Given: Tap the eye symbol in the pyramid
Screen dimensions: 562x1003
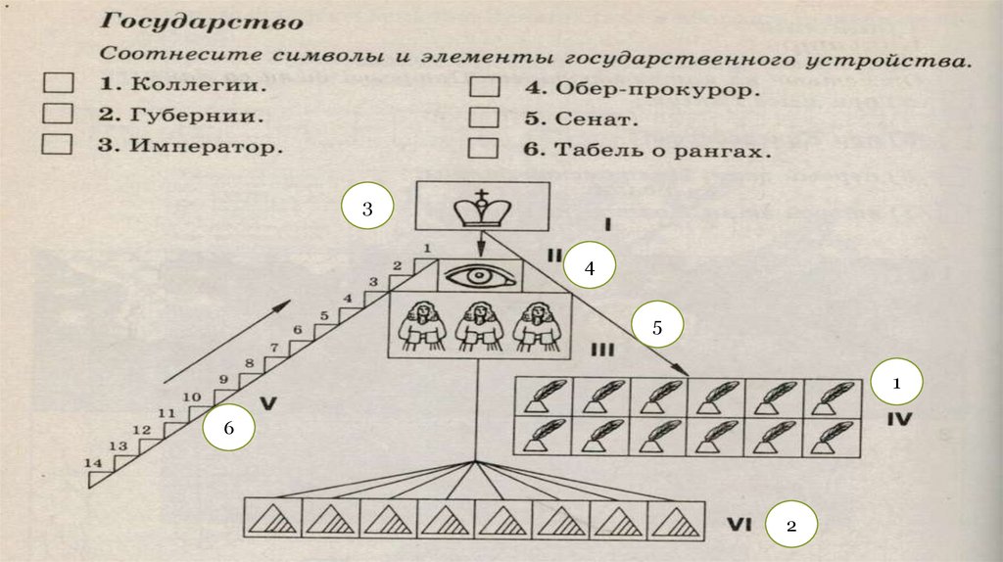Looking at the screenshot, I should [479, 275].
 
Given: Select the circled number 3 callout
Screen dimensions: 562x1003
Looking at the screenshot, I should [367, 209].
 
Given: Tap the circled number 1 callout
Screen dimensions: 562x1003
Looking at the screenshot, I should [895, 385].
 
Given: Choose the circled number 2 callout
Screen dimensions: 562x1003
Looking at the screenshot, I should [791, 527].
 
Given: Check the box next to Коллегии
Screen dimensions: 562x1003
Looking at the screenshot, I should [58, 84].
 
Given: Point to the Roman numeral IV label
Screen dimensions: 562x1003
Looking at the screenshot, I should [899, 422].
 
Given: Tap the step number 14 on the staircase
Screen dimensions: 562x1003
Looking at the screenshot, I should [92, 463].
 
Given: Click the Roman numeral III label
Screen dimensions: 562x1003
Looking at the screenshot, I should [601, 349].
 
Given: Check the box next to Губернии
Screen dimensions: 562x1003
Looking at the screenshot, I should [58, 115].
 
